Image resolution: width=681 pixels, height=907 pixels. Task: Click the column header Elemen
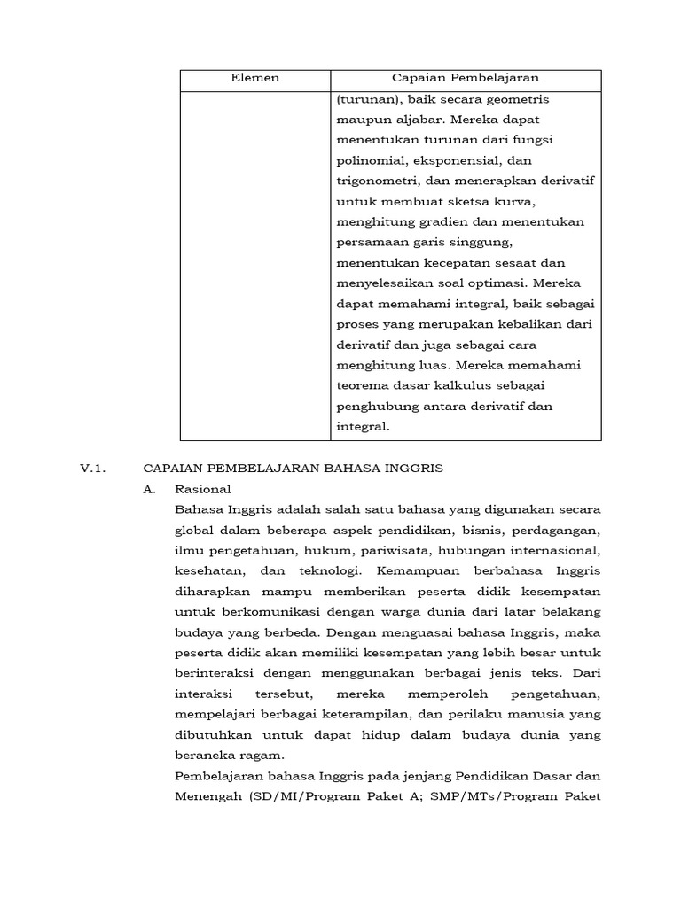pyautogui.click(x=255, y=79)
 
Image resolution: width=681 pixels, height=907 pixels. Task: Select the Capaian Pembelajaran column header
pyautogui.click(x=466, y=79)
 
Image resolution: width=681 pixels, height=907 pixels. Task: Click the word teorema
pyautogui.click(x=363, y=385)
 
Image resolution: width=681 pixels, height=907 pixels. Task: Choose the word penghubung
pyautogui.click(x=375, y=406)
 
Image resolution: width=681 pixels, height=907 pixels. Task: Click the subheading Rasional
pyautogui.click(x=202, y=488)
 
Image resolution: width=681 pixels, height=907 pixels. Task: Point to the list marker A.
pyautogui.click(x=149, y=488)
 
